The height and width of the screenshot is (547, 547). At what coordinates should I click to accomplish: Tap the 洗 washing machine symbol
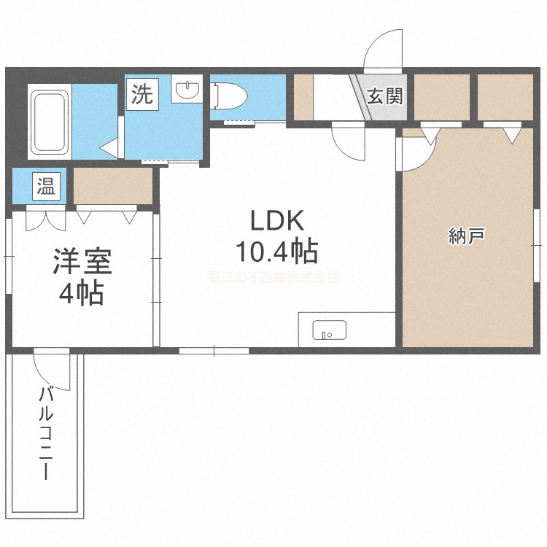point(143,94)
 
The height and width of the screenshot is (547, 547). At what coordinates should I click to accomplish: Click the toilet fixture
point(230,95)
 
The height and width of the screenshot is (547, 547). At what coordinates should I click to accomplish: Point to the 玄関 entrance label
point(385,96)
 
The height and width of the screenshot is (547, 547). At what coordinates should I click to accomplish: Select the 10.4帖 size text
point(276,252)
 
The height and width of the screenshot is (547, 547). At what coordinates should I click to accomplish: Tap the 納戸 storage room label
point(468,236)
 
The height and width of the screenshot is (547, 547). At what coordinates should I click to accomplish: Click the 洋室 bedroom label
point(81,262)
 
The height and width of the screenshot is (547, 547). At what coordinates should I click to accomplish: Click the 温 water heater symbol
point(46,186)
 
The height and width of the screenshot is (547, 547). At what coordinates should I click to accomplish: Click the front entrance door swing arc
point(382,49)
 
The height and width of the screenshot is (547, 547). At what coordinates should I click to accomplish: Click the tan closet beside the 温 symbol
point(113,186)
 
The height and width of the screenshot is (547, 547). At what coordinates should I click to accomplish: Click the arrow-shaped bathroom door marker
point(109,148)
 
